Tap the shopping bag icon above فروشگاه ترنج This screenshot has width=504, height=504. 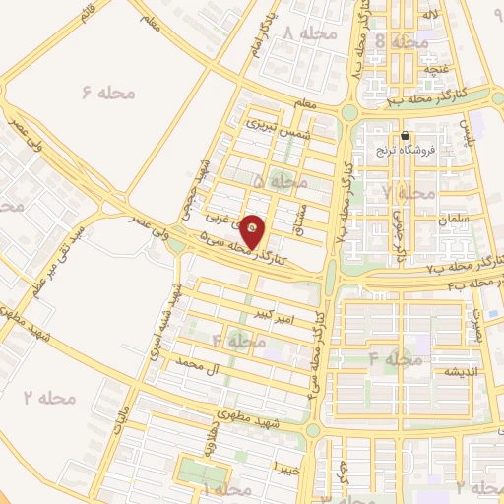pyautogui.click(x=405, y=136)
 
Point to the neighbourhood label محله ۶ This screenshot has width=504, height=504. pyautogui.click(x=108, y=93)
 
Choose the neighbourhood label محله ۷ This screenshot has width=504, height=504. pyautogui.click(x=408, y=192)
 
